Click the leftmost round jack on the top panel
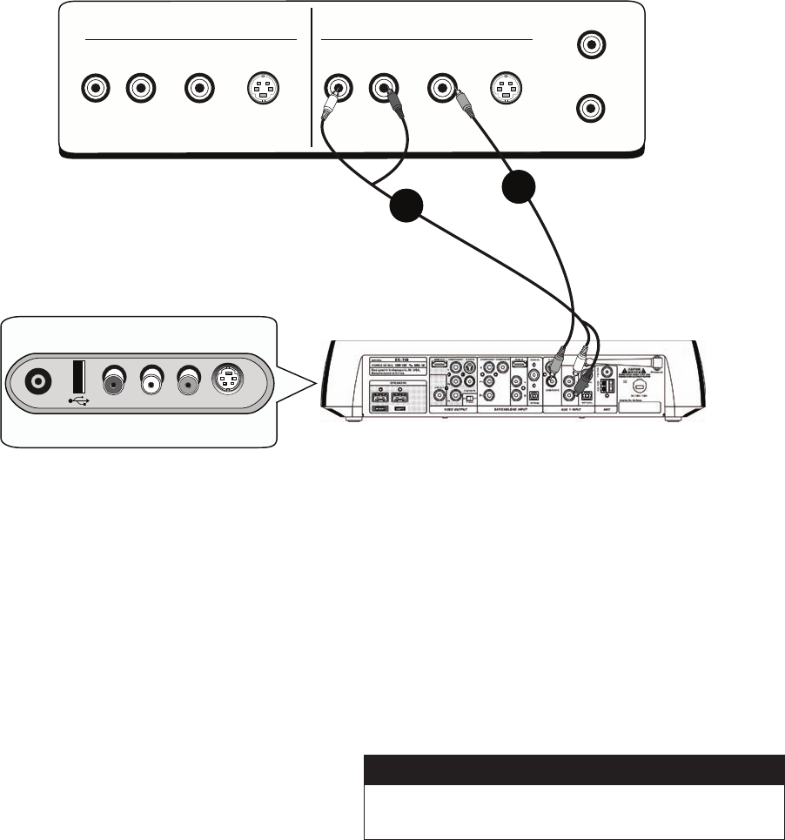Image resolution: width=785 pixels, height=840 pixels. (x=93, y=88)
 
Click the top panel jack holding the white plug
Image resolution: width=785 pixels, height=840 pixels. (x=337, y=88)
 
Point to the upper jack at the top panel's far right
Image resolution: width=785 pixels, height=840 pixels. (x=592, y=43)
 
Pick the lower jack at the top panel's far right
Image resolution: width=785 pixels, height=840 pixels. (x=592, y=109)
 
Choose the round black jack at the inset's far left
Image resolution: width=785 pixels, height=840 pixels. (x=37, y=380)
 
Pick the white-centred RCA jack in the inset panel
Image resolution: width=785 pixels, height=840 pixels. (x=154, y=380)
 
